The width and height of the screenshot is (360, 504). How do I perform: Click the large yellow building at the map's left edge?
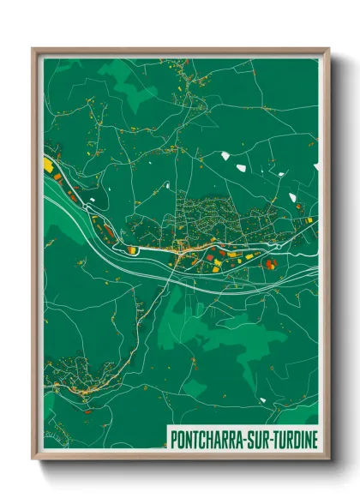48,163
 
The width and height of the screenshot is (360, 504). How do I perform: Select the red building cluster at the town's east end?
271,264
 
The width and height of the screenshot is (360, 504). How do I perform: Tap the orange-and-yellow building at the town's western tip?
133,249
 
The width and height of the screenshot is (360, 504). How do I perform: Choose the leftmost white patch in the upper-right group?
225,155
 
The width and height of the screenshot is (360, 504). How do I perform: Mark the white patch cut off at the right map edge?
314,223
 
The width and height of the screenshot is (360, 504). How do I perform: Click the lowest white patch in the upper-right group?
293,197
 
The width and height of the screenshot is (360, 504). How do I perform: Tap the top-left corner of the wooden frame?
34,50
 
